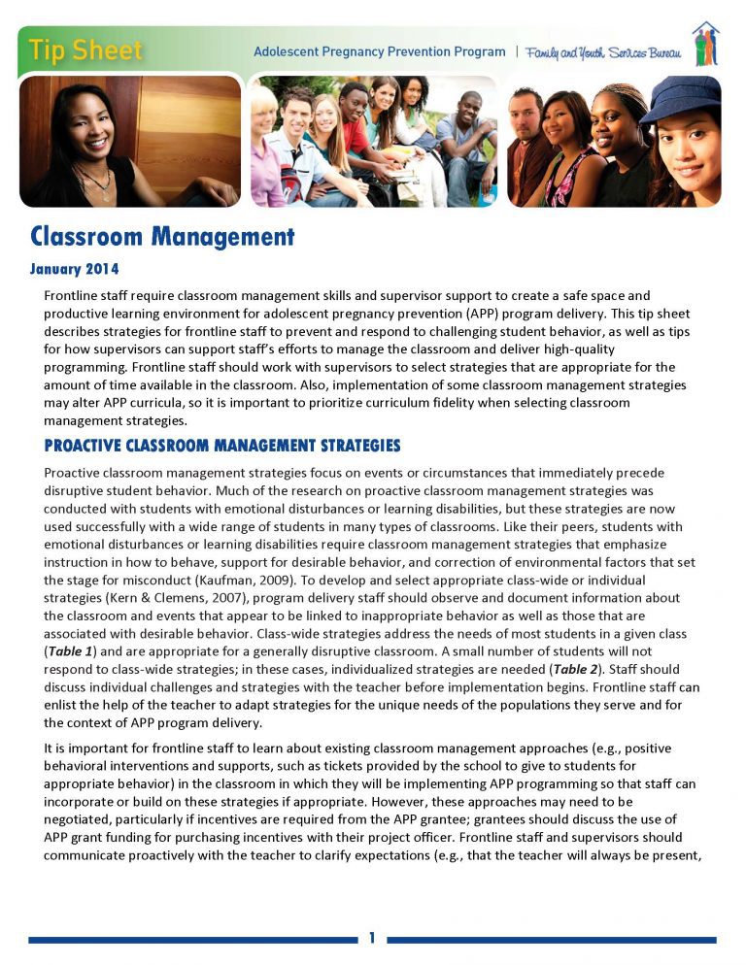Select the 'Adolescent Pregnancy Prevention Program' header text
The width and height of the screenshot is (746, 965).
(x=379, y=51)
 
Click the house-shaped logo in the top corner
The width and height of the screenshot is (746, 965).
(x=706, y=44)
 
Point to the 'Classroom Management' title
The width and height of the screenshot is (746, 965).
(x=161, y=236)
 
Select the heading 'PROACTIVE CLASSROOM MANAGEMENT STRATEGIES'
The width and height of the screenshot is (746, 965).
(x=221, y=446)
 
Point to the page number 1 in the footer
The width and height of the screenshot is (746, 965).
(x=372, y=937)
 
